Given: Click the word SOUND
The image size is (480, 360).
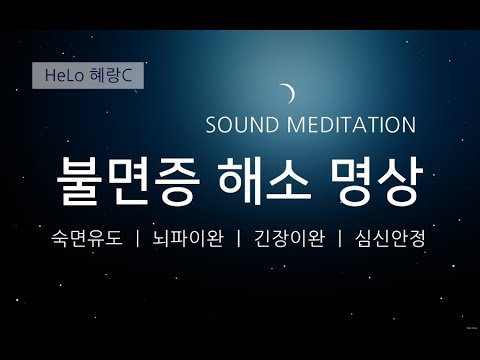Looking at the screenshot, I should point(241,126).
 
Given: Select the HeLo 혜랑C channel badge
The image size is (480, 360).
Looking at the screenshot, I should point(88,76).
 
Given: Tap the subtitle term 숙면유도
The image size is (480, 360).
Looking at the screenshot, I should point(83,240).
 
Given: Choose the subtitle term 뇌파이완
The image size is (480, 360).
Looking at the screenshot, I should point(186,240).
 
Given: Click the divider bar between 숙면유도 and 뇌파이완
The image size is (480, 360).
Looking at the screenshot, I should point(135,240).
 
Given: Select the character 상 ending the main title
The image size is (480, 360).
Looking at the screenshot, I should point(398,179).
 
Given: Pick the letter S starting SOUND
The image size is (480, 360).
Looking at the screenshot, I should point(210,126).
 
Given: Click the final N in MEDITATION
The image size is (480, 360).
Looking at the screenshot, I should point(408,126).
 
